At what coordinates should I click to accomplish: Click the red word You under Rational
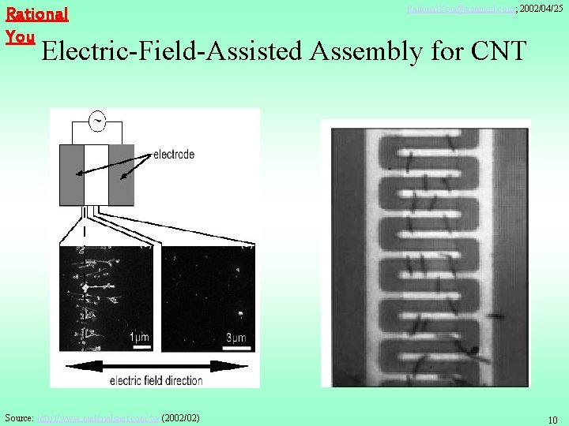(20, 36)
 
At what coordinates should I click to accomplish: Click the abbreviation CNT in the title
(497, 51)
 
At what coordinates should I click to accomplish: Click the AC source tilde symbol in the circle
(97, 121)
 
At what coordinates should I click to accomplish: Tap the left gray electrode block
(72, 174)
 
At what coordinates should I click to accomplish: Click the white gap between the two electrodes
(96, 174)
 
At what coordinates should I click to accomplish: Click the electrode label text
(173, 155)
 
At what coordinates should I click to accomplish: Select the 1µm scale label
(139, 338)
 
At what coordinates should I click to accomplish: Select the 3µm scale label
(235, 338)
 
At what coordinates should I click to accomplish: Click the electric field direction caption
(156, 380)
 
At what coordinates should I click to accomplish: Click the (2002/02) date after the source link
(180, 417)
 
